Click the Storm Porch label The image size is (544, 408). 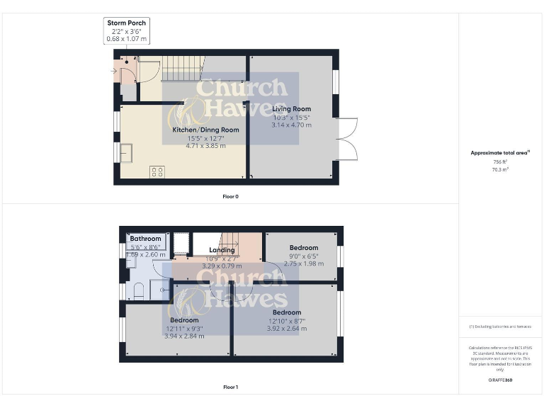tap(126, 23)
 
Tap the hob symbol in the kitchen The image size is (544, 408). tap(157, 171)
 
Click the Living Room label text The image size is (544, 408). tap(291, 109)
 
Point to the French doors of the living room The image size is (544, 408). tap(345, 138)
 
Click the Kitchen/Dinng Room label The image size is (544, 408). tap(205, 130)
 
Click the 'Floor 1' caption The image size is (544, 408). tap(230, 387)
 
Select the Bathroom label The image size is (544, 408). tap(145, 239)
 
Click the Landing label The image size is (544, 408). tap(222, 250)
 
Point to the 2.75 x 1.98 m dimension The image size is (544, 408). tap(303, 263)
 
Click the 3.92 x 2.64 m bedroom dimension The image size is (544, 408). tap(286, 329)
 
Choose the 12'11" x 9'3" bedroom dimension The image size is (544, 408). tap(184, 329)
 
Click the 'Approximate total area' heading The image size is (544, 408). tap(499, 153)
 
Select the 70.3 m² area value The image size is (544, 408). tap(500, 170)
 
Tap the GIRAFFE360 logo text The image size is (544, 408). tap(500, 380)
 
